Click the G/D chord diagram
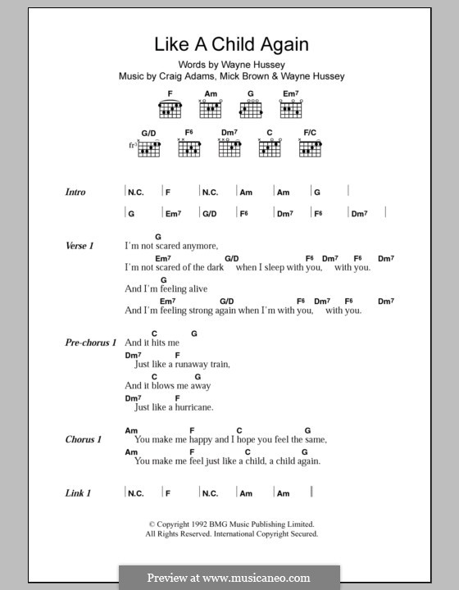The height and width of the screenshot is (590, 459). pyautogui.click(x=149, y=147)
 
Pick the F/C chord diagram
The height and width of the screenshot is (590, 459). pyautogui.click(x=310, y=147)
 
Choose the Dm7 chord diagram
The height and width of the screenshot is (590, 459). pyautogui.click(x=229, y=147)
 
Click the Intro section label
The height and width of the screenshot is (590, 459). pyautogui.click(x=75, y=192)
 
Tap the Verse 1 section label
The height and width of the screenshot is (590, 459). pyautogui.click(x=80, y=245)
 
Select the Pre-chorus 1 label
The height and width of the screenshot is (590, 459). pyautogui.click(x=91, y=342)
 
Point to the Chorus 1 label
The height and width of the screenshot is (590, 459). pyautogui.click(x=84, y=439)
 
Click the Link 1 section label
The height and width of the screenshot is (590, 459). pyautogui.click(x=77, y=492)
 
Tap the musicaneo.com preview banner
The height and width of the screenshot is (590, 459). pyautogui.click(x=229, y=578)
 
